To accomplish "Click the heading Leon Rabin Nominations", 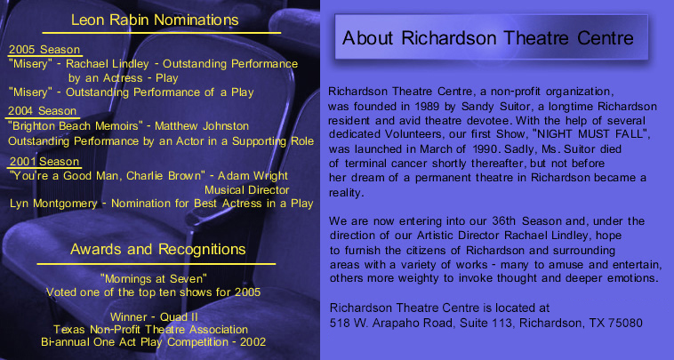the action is (x=155, y=20).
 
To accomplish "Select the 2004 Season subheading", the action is (x=42, y=111).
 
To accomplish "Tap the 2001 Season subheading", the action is (x=44, y=162).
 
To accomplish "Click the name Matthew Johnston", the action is (x=202, y=126).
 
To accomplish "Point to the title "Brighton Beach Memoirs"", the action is (x=76, y=126).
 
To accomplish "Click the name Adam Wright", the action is (x=253, y=176).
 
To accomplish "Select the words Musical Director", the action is (x=246, y=190).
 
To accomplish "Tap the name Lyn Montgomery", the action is (x=53, y=204).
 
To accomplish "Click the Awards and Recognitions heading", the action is (x=157, y=249).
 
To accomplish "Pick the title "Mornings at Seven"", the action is (x=154, y=279).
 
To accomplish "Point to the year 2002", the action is (x=253, y=342).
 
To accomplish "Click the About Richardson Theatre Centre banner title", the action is (x=488, y=38).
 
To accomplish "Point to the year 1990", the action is (x=485, y=149).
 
